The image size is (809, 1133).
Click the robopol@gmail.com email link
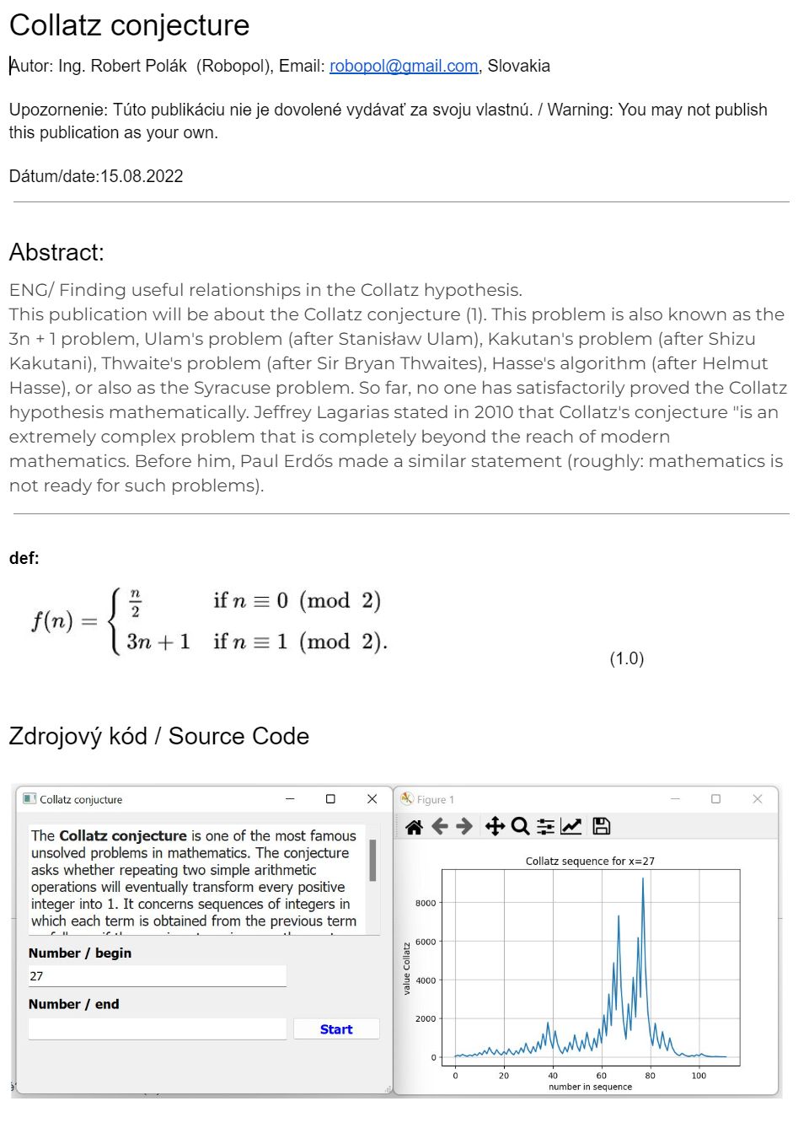[x=403, y=66]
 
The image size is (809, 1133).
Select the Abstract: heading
[x=56, y=252]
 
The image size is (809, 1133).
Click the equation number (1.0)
[x=626, y=658]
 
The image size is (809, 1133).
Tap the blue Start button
[x=336, y=1029]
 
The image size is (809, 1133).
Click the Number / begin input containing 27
[x=157, y=976]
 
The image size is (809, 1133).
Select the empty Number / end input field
[x=157, y=1029]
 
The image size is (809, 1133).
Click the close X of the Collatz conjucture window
[x=372, y=798]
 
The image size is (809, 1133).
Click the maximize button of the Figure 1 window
[x=715, y=798]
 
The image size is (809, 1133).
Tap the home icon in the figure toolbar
[x=414, y=826]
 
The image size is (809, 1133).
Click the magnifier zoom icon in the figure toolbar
[x=520, y=826]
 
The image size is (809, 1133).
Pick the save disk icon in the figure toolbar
[x=601, y=826]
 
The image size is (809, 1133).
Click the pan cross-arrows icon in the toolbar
[x=495, y=826]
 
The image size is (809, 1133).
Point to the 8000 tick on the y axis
[x=426, y=903]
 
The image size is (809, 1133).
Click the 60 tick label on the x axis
[x=601, y=1076]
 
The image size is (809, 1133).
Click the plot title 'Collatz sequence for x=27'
[x=590, y=861]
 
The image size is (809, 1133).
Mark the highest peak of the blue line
[x=643, y=879]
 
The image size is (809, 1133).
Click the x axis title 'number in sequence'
[x=590, y=1087]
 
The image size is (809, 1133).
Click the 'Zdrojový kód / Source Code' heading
[x=158, y=736]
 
